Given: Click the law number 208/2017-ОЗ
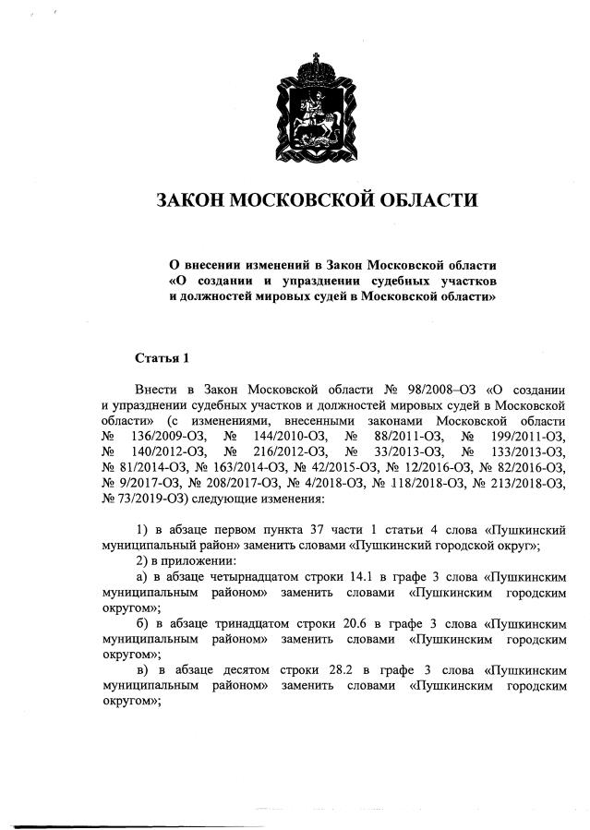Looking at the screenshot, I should tap(229, 481).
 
